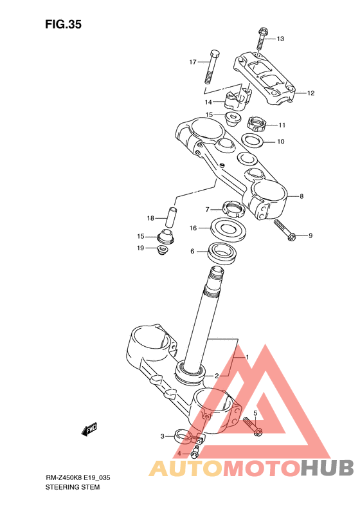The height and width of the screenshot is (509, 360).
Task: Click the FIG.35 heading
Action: click(x=63, y=24)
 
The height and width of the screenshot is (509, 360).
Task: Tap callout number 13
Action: click(x=280, y=39)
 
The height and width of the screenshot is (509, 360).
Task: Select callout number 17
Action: click(x=193, y=62)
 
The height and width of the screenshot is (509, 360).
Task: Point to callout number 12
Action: click(x=310, y=93)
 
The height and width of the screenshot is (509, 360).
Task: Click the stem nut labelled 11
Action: click(x=256, y=124)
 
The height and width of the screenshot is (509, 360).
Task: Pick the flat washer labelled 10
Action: click(x=253, y=140)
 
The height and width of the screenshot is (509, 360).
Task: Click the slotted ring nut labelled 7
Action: click(x=234, y=209)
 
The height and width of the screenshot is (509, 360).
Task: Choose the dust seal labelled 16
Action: click(x=228, y=230)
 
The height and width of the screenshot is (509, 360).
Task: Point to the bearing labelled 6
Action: click(x=222, y=253)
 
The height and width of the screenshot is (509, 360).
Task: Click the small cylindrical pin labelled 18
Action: click(x=171, y=217)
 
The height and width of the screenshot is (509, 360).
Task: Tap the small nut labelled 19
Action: click(x=161, y=250)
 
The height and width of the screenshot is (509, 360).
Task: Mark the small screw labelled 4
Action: click(x=195, y=452)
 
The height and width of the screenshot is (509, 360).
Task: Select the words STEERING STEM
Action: click(x=73, y=487)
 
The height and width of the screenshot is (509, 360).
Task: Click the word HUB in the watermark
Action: click(x=327, y=468)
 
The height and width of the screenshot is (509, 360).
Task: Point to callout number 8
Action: click(x=301, y=196)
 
